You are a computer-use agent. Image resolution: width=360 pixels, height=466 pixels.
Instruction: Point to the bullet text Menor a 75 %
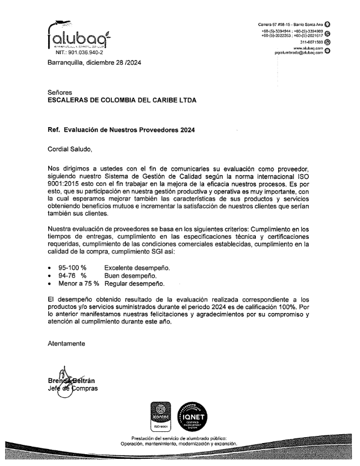pyautogui.click(x=78, y=283)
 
